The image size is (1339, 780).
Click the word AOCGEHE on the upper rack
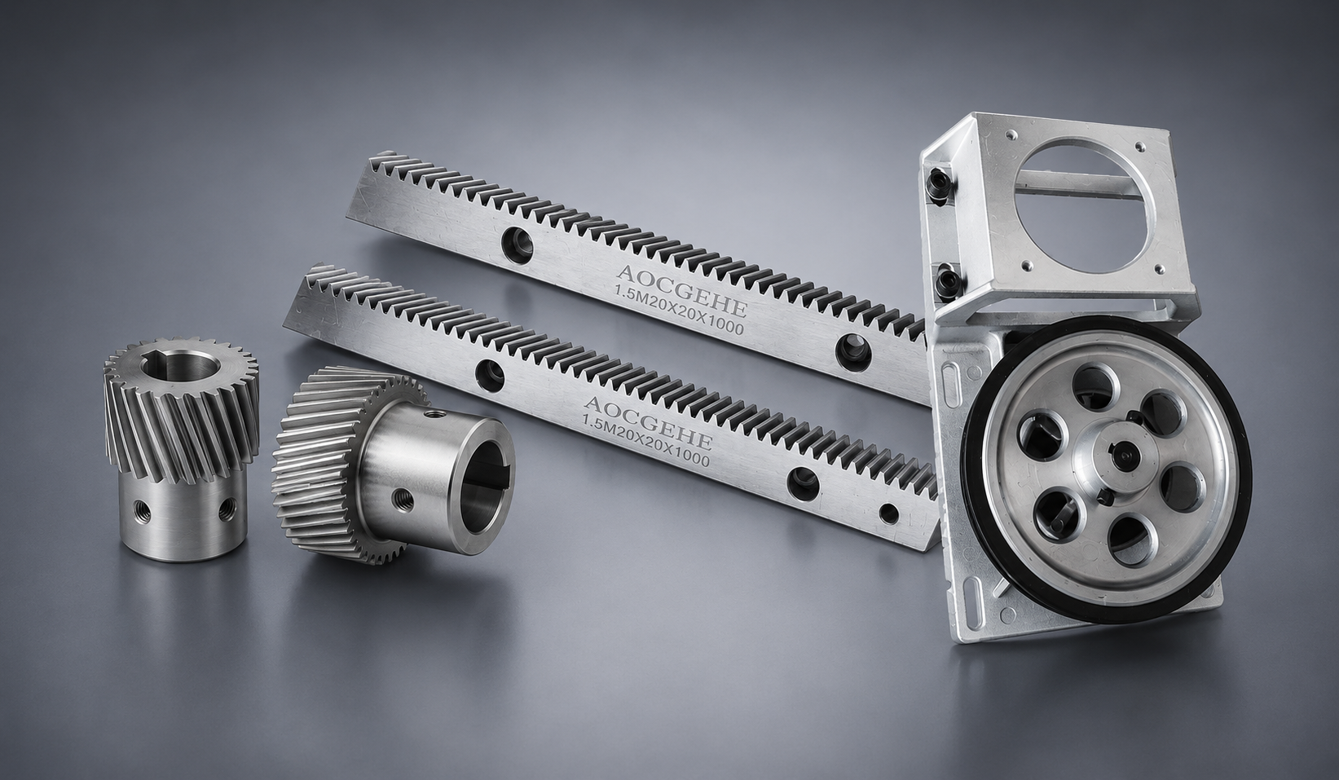682,291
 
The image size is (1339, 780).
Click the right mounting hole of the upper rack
854,350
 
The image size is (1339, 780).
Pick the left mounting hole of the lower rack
490,376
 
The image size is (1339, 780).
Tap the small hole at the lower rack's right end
889,513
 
